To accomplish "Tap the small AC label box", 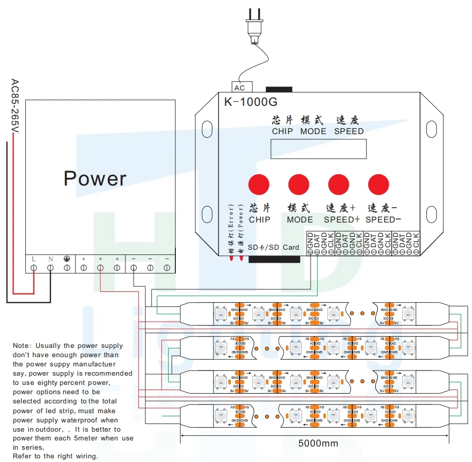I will pyautogui.click(x=240, y=88).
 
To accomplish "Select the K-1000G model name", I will pyautogui.click(x=250, y=102).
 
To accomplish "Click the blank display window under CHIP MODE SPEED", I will pyautogui.click(x=319, y=149).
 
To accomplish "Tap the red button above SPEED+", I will pyautogui.click(x=338, y=184).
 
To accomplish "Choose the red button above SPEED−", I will pyautogui.click(x=378, y=184).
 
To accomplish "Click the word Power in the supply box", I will pyautogui.click(x=95, y=178).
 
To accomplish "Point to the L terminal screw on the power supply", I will pyautogui.click(x=34, y=268).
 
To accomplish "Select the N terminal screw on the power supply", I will pyautogui.click(x=50, y=268).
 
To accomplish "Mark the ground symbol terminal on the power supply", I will pyautogui.click(x=67, y=268).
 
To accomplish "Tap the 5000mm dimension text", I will pyautogui.click(x=319, y=443).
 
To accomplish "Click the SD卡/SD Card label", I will pyautogui.click(x=274, y=247).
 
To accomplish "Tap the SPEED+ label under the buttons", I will pyautogui.click(x=342, y=219).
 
